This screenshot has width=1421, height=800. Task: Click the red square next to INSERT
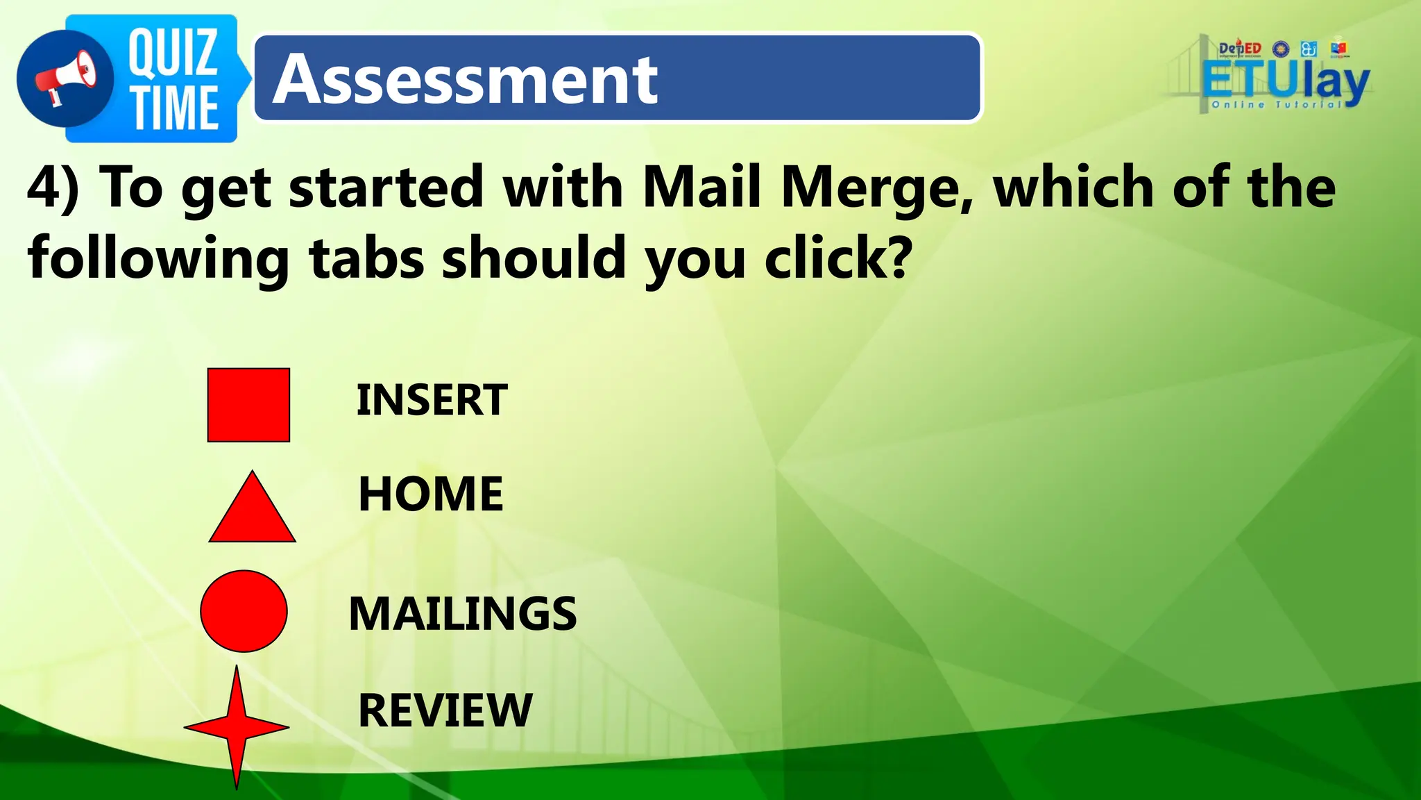(248, 405)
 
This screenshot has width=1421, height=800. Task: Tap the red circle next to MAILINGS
(244, 611)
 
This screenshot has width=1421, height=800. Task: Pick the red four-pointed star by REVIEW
(237, 727)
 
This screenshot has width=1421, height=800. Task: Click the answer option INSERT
(432, 400)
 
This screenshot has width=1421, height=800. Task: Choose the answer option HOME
(431, 494)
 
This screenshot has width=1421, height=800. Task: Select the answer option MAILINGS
(462, 614)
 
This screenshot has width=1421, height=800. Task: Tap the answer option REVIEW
(445, 710)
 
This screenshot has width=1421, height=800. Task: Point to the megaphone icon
(66, 78)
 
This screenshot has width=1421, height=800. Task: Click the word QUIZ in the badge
(173, 53)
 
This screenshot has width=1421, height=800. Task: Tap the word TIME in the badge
(176, 108)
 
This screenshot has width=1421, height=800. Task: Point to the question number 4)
(53, 187)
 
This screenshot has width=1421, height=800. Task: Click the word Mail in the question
(701, 187)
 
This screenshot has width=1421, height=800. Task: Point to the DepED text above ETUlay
(1240, 49)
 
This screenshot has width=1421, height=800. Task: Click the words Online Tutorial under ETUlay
(1277, 105)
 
